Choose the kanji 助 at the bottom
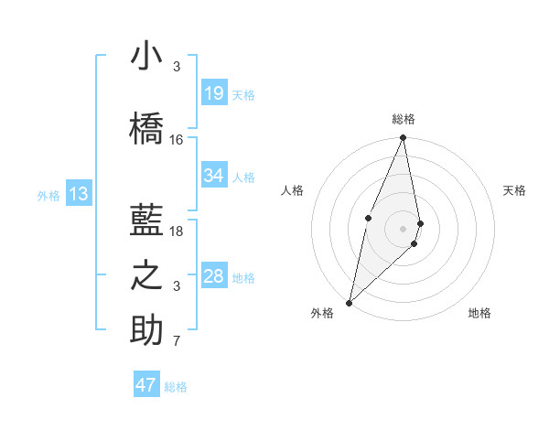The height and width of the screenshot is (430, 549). point(145,330)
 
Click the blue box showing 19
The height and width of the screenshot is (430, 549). point(214,93)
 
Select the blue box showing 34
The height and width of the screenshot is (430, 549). point(214,176)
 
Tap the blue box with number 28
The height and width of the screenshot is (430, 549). point(214,276)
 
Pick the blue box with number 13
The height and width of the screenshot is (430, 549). point(79,194)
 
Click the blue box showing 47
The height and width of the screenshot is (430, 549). point(146,385)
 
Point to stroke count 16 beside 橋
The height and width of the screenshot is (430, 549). point(177,140)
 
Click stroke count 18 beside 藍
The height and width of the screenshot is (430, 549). point(177,231)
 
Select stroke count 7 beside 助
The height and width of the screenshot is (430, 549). point(177,342)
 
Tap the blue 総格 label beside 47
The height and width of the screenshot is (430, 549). point(176,387)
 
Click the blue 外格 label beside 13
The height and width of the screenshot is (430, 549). point(48,195)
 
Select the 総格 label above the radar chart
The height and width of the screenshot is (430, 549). point(404,119)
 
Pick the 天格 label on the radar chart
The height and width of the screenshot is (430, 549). point(515,190)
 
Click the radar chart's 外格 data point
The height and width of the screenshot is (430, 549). point(349,302)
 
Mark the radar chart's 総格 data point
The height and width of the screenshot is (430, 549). point(404,138)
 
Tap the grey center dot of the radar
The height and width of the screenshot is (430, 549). point(404,228)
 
